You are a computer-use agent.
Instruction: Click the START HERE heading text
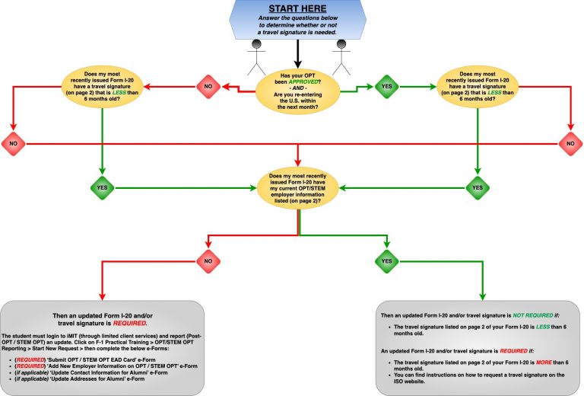pyautogui.click(x=297, y=9)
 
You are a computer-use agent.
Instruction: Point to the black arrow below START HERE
pyautogui.click(x=297, y=51)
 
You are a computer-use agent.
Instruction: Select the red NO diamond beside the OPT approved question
pyautogui.click(x=208, y=86)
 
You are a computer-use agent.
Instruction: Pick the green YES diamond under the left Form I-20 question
pyautogui.click(x=101, y=187)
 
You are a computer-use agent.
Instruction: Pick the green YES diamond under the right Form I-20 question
pyautogui.click(x=478, y=187)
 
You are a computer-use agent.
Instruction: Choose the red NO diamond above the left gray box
pyautogui.click(x=206, y=261)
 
